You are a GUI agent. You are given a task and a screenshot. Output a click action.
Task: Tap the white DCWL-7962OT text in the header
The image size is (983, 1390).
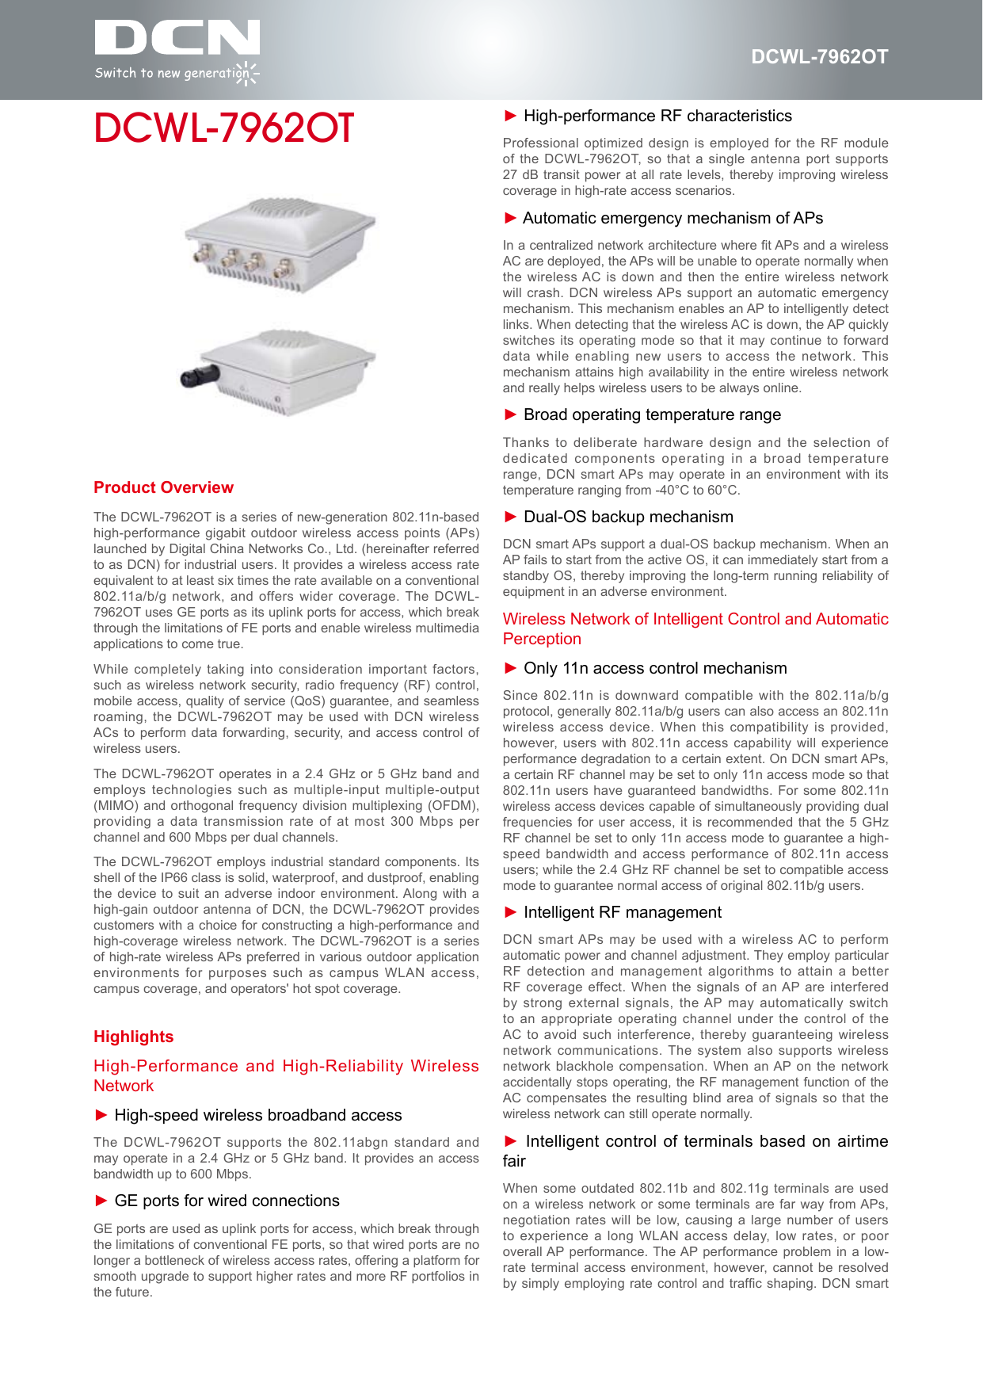819,57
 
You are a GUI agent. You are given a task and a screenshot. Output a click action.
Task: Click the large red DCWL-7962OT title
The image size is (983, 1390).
223,128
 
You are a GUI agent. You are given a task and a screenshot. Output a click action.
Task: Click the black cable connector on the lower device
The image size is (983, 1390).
199,376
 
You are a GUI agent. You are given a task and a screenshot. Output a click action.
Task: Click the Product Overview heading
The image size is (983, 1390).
163,487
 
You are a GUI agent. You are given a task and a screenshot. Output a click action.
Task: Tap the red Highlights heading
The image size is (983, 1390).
133,1037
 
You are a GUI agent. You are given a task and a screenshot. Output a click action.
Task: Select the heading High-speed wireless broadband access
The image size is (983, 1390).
257,1115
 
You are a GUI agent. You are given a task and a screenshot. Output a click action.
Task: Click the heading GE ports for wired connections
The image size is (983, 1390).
227,1201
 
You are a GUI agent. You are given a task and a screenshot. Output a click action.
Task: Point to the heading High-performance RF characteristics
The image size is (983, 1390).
657,116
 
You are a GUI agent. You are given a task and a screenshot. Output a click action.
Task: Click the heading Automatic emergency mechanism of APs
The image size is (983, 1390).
672,218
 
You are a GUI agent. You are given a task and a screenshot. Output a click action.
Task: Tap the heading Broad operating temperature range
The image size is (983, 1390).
651,414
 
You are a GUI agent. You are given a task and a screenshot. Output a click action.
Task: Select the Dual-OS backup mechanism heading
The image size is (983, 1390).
627,517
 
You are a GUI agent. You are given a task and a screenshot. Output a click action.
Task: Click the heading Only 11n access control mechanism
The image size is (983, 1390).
654,668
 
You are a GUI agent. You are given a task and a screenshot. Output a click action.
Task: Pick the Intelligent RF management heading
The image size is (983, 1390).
622,912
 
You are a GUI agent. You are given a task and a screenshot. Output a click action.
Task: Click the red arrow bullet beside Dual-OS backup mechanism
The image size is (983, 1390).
511,517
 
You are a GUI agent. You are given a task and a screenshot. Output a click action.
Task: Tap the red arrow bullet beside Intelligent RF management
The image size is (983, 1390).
511,912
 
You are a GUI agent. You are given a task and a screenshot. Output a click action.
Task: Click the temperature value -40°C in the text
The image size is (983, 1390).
671,491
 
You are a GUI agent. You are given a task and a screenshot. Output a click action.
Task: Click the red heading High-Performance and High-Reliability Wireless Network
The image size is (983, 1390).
286,1075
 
